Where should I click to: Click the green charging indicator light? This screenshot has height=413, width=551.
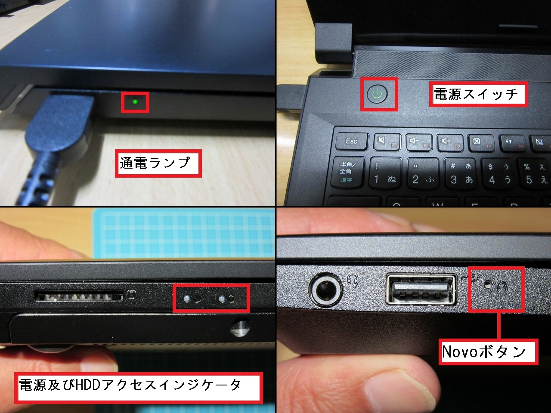[x=135, y=102]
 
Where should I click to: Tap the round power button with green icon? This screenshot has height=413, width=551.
[x=377, y=94]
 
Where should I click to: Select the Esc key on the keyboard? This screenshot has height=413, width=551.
[x=352, y=141]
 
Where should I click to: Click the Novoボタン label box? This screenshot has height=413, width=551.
[x=488, y=351]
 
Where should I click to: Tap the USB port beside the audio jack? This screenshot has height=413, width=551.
[x=421, y=290]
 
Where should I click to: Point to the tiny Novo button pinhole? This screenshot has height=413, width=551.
[x=488, y=284]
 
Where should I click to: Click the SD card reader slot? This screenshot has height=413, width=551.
[x=79, y=296]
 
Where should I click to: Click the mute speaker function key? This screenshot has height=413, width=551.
[x=387, y=142]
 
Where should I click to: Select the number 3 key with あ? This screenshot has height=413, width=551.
[x=461, y=174]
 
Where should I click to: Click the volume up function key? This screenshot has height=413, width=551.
[x=450, y=143]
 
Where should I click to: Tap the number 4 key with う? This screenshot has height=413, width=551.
[x=499, y=175]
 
